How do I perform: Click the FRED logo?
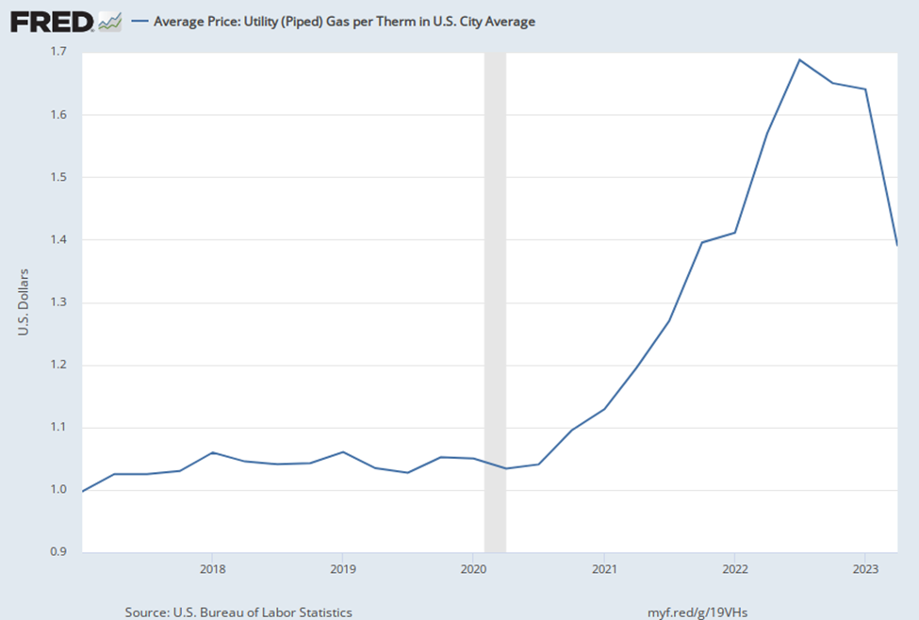52,21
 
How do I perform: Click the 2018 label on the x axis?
211,569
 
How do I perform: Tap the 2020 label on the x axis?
473,569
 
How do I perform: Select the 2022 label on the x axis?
734,569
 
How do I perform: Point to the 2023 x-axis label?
865,569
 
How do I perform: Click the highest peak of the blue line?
799,60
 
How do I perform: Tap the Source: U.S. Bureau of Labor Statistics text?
238,612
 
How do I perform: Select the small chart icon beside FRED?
110,21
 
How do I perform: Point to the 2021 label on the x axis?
604,569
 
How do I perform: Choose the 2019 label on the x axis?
342,569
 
